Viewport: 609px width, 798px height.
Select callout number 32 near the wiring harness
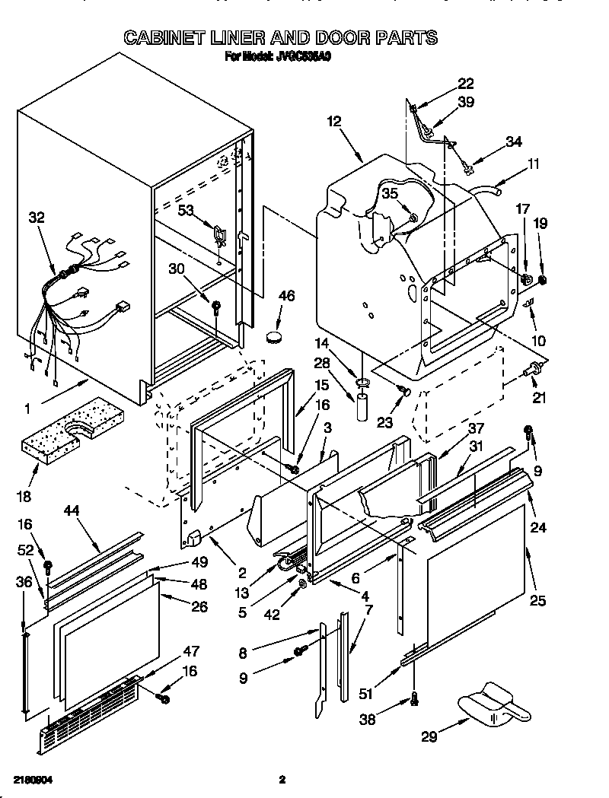36,218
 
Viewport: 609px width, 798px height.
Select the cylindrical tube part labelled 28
361,406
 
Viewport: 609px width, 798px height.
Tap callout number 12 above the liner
334,121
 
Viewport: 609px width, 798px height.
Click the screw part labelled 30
217,308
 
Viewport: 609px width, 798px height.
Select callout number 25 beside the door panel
537,601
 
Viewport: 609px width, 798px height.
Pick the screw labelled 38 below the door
413,699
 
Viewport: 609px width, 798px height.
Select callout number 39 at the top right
466,102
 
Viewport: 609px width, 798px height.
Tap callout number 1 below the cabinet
27,409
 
